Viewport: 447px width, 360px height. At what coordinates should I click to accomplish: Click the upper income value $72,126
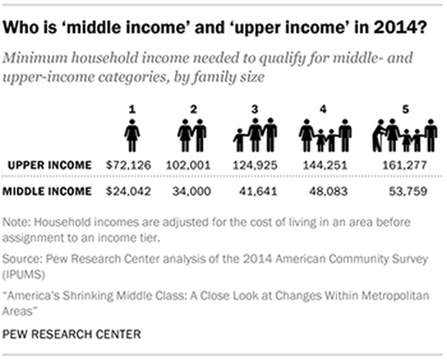[x=132, y=165]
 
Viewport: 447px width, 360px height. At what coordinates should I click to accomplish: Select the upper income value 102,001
[x=191, y=165]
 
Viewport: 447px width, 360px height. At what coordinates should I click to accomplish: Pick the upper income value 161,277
[x=404, y=165]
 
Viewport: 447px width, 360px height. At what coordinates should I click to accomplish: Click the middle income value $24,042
[x=132, y=190]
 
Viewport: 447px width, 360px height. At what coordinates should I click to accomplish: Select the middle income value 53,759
[x=404, y=190]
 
